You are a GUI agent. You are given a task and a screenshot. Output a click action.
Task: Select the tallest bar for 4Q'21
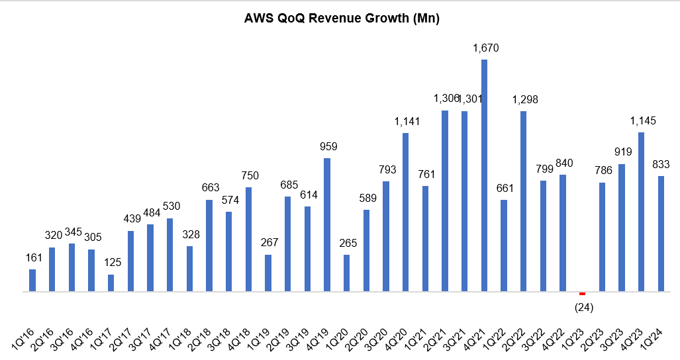(x=485, y=175)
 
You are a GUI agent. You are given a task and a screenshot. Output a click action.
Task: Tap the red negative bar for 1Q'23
(x=583, y=293)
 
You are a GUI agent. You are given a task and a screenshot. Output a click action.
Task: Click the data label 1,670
(x=485, y=48)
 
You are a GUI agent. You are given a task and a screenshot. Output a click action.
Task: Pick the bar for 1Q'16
(x=32, y=280)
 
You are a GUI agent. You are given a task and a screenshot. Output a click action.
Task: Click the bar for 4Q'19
(x=327, y=225)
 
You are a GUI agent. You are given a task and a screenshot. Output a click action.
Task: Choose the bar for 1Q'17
(x=111, y=283)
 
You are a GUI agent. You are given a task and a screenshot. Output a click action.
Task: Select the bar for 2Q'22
(x=524, y=201)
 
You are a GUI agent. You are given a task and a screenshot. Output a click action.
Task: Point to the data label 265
(x=346, y=243)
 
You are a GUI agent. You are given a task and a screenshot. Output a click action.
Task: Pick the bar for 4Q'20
(x=406, y=212)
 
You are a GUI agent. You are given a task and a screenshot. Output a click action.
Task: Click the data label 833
(x=661, y=164)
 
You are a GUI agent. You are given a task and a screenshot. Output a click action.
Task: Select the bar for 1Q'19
(x=268, y=273)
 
